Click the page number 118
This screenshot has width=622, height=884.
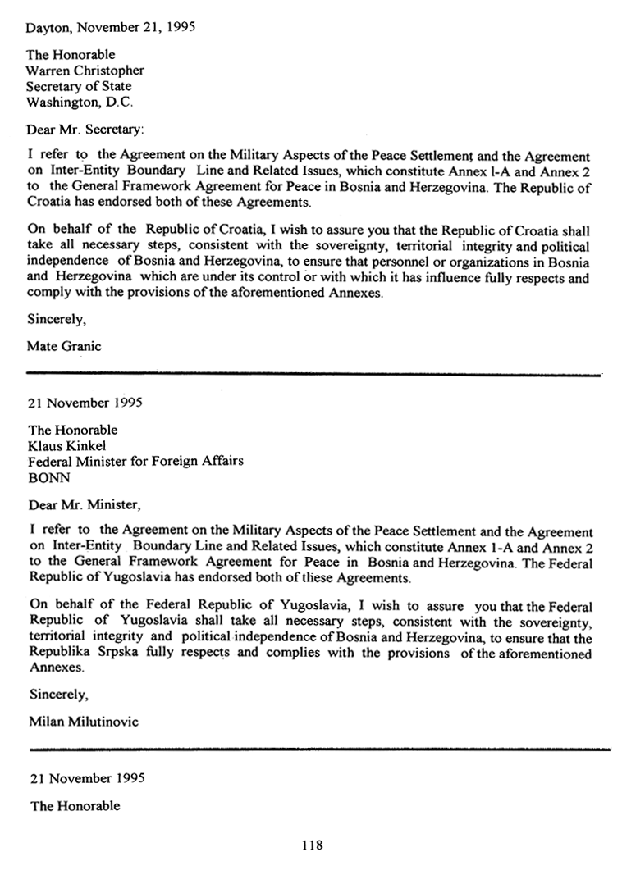coord(312,845)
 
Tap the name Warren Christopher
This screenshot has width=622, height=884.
coord(85,71)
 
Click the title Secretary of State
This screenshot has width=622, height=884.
coord(79,86)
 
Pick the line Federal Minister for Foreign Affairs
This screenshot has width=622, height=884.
coord(135,461)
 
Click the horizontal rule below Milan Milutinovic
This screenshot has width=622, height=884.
coord(320,749)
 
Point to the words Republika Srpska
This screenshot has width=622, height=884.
coord(78,654)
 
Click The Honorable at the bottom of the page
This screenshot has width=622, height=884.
coord(75,806)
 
